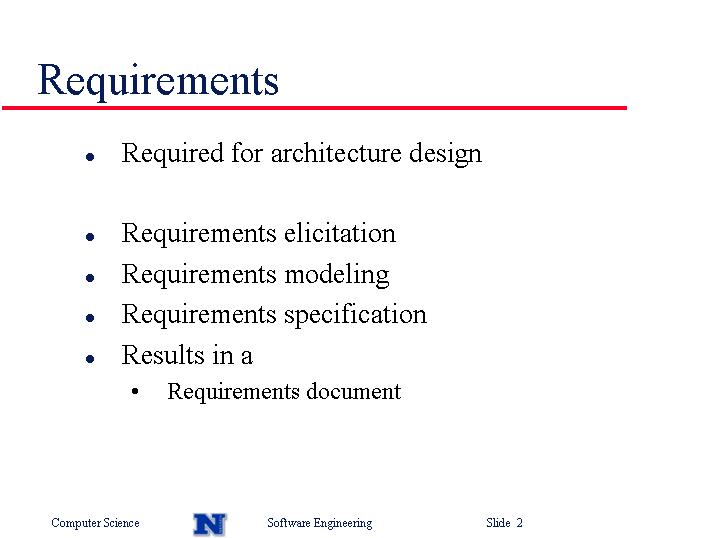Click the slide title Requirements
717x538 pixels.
(158, 81)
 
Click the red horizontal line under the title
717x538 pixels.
(315, 108)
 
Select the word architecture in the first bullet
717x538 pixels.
(336, 153)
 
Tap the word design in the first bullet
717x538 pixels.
(445, 154)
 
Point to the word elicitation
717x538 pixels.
(340, 233)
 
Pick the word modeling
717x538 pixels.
(337, 275)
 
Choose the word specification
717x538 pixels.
(356, 315)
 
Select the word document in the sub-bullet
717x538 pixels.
(353, 391)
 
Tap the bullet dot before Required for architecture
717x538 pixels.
(90, 157)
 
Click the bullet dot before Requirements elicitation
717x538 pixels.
(90, 237)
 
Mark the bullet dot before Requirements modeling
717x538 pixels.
(90, 277)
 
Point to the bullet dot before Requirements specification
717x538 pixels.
(90, 318)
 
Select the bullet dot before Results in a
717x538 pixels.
(90, 359)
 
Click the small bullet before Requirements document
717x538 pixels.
(135, 391)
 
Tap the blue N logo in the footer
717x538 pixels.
(210, 524)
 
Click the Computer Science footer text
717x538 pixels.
(95, 523)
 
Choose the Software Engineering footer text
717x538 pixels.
(320, 523)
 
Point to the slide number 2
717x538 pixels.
(519, 522)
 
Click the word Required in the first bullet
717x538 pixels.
(172, 154)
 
